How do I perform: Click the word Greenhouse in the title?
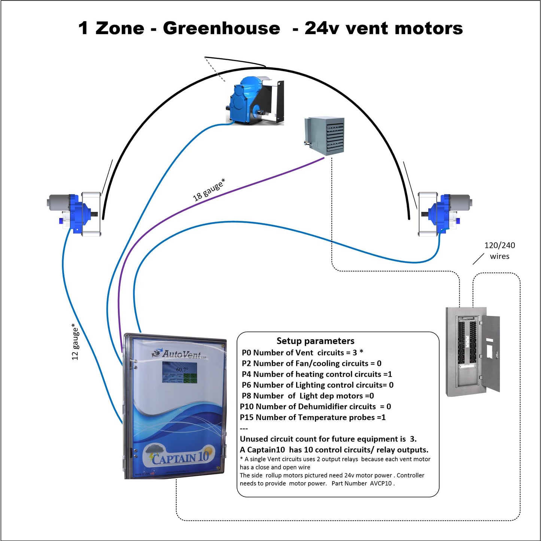pyautogui.click(x=221, y=28)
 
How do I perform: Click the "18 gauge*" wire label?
pyautogui.click(x=209, y=190)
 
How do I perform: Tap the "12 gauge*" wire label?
pyautogui.click(x=75, y=341)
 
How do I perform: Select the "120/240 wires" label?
pyautogui.click(x=499, y=250)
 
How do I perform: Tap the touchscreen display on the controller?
pyautogui.click(x=180, y=372)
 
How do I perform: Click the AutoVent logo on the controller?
pyautogui.click(x=180, y=354)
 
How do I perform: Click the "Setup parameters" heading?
pyautogui.click(x=315, y=341)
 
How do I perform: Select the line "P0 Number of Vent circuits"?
pyautogui.click(x=302, y=353)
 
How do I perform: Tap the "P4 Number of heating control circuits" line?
pyautogui.click(x=317, y=374)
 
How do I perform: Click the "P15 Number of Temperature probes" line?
pyautogui.click(x=313, y=417)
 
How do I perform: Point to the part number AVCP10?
pyautogui.click(x=381, y=483)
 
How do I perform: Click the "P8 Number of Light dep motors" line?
pyautogui.click(x=308, y=396)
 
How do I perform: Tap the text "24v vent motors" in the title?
pyautogui.click(x=383, y=28)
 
